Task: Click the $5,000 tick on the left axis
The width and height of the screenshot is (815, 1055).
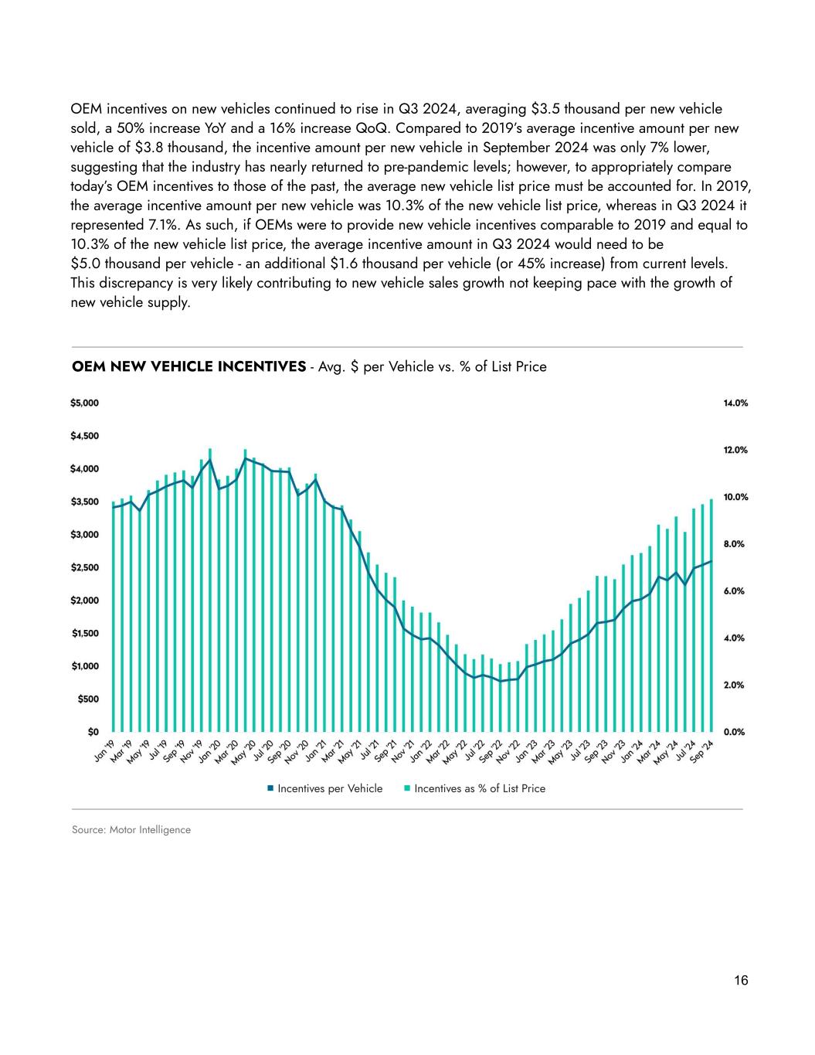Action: point(85,403)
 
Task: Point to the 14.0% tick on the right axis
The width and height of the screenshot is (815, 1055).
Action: point(735,403)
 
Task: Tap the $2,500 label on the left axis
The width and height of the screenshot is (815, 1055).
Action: point(85,568)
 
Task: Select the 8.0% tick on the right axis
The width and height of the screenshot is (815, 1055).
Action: point(735,544)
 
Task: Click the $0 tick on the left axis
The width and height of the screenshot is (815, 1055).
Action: point(91,732)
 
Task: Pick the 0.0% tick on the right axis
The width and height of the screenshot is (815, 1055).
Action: point(735,732)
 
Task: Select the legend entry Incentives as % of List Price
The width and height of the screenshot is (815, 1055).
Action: point(479,788)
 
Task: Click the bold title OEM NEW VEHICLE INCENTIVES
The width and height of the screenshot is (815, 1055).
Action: point(188,366)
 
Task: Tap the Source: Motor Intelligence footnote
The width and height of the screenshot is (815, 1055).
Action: point(131,830)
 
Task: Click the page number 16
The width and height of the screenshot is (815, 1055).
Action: point(741,981)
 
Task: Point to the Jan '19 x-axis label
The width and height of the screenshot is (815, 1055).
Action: point(104,751)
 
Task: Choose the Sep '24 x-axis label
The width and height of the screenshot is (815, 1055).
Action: point(703,751)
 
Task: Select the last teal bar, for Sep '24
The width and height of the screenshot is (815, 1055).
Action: point(711,615)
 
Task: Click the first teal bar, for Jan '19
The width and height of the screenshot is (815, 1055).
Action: point(114,617)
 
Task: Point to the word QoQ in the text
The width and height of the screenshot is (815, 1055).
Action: point(367,128)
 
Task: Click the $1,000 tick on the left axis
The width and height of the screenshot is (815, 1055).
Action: point(85,666)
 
